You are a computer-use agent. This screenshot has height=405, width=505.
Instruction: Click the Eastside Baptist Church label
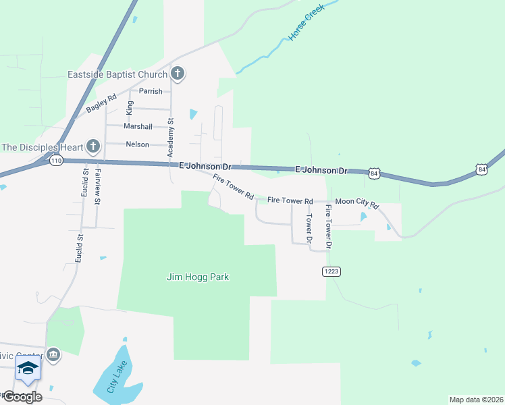click(x=117, y=74)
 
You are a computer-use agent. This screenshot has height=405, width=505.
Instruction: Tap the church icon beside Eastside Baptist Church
click(x=178, y=73)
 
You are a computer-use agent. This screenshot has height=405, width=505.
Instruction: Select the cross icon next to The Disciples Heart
click(x=93, y=146)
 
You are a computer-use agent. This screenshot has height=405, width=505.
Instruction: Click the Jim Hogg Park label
click(x=198, y=276)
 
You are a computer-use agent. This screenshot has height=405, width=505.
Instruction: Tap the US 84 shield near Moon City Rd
click(x=375, y=173)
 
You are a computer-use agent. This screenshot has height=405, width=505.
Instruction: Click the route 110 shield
click(x=55, y=161)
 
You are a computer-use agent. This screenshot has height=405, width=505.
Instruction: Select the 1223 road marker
click(x=329, y=271)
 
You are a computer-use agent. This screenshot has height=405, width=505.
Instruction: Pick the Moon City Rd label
click(x=357, y=201)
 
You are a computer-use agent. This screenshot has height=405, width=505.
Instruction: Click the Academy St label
click(x=171, y=139)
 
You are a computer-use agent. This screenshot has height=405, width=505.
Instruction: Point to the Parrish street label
click(x=151, y=91)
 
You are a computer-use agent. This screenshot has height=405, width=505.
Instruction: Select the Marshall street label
click(x=138, y=126)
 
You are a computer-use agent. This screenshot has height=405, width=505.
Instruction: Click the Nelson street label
click(x=137, y=144)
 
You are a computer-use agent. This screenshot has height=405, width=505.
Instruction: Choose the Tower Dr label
click(x=310, y=228)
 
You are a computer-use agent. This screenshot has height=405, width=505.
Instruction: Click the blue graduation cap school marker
click(x=28, y=369)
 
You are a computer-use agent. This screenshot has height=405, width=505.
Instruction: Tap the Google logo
click(x=22, y=396)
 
